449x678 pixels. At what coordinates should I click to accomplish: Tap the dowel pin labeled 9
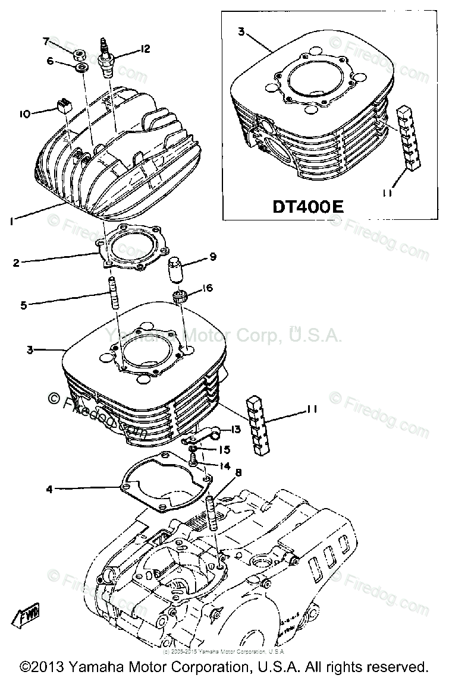[x=177, y=272]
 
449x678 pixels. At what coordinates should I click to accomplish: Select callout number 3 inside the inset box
[x=241, y=31]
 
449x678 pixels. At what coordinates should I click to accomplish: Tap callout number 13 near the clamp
[x=236, y=429]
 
